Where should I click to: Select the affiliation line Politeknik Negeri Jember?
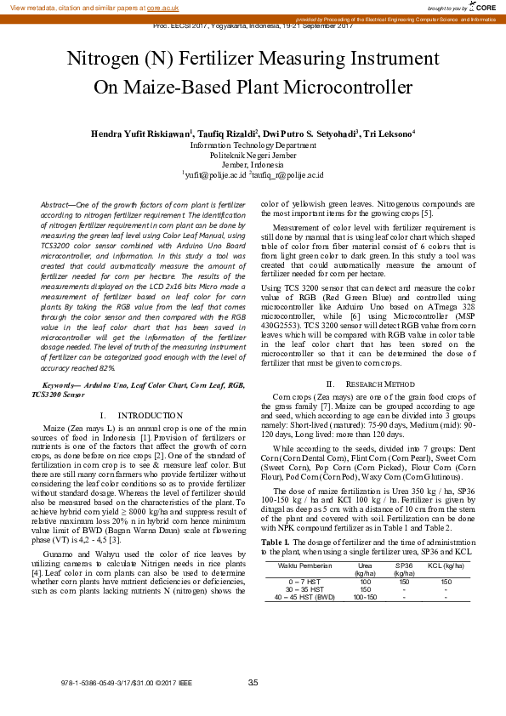(253, 155)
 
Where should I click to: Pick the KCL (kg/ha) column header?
(446, 565)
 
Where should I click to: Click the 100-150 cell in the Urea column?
(365, 597)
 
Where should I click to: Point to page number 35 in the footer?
(253, 684)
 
